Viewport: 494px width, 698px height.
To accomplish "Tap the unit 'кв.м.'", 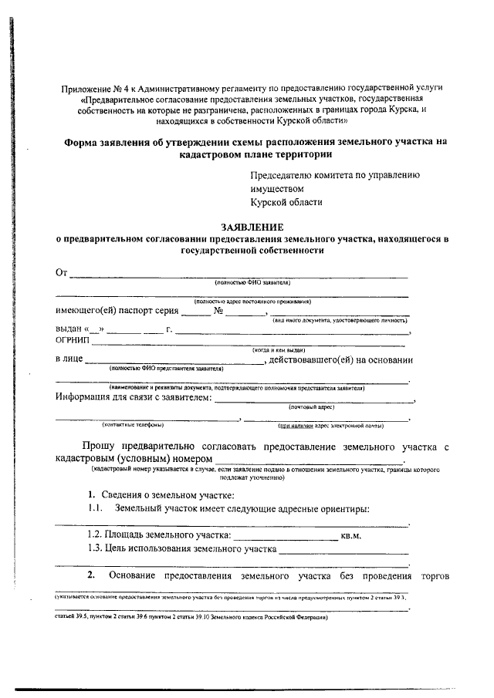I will click(351, 534).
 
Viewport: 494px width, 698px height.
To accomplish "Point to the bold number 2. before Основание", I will click(91, 575).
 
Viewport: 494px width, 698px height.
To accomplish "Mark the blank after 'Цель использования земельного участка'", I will click(343, 551).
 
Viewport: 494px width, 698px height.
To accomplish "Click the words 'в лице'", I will click(69, 359).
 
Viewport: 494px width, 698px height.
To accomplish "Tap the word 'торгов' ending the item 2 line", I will click(436, 575).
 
